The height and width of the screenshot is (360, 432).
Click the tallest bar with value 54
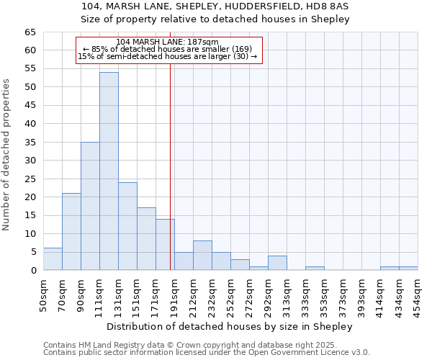point(109,171)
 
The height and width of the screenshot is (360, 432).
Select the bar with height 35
point(90,206)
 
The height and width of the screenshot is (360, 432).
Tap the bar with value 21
point(71,232)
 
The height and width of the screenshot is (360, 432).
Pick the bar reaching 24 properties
point(127,226)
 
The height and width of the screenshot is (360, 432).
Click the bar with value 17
point(146,239)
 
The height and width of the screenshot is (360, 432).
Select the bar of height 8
point(202,256)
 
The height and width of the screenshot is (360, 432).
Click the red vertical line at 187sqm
point(170,158)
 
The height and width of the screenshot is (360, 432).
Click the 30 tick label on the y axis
point(30,161)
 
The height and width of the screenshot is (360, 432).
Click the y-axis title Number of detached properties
point(6,155)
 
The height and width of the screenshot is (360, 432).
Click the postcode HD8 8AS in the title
point(328,6)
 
